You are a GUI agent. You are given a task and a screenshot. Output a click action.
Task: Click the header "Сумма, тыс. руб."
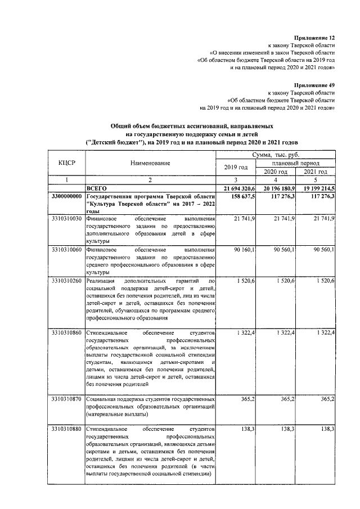276,154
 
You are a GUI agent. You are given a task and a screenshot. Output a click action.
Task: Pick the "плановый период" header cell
296,163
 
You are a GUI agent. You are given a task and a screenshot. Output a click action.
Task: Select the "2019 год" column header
236,167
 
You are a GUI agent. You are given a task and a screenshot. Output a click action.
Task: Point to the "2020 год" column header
276,171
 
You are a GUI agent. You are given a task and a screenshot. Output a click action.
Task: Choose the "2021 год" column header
316,171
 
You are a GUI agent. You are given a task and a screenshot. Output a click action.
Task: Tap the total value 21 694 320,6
235,188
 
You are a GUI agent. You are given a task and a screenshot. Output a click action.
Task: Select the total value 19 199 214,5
314,188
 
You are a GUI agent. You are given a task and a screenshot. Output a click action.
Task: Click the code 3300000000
66,197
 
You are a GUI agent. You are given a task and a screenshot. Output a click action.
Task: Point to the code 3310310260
66,280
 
